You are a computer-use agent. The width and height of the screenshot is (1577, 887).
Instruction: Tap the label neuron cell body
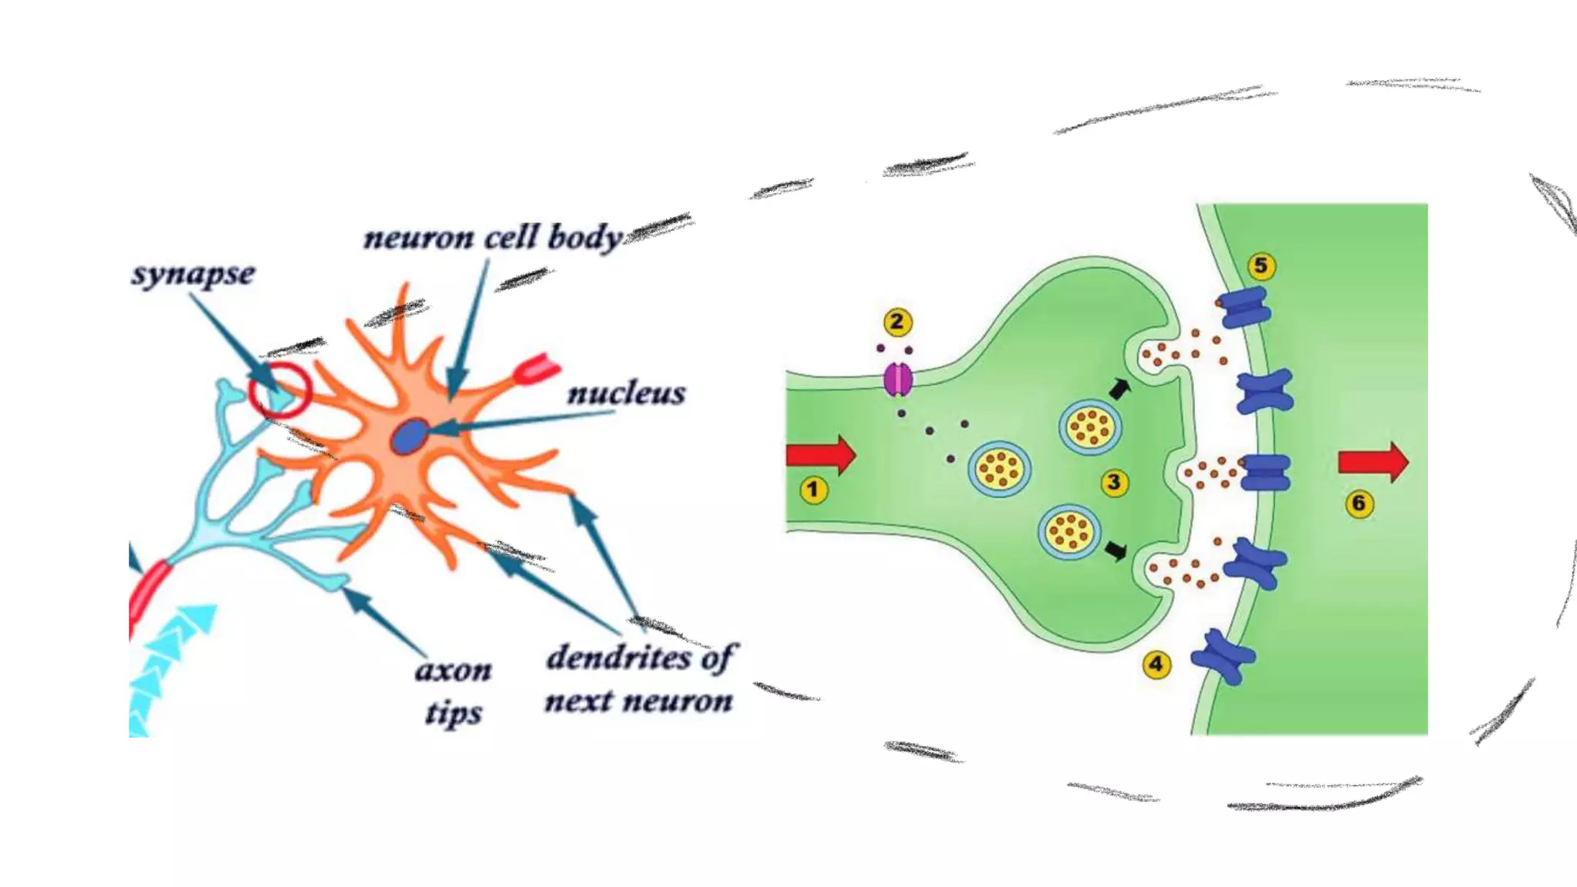coord(493,238)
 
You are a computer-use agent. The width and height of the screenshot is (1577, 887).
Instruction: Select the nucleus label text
coord(626,393)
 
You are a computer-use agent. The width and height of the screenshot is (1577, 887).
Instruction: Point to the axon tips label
coord(454,691)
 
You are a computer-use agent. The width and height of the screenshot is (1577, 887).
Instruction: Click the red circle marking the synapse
coord(280,391)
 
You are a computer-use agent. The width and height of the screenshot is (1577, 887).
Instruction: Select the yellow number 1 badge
coord(813,490)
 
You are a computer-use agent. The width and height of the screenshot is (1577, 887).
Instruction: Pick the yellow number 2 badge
coord(897,322)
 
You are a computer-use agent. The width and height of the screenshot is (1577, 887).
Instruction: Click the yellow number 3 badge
coord(1113,483)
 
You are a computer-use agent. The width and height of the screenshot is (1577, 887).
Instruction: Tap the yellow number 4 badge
coord(1156,664)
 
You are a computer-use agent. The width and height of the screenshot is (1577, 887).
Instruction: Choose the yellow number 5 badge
coord(1261,266)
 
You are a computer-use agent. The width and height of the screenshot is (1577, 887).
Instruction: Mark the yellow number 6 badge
coord(1359,504)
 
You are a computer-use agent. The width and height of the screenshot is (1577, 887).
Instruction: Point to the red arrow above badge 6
coord(1373,462)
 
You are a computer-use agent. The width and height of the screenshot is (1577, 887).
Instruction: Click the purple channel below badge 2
coord(898,380)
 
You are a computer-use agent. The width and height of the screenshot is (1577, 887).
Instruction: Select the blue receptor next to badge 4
coord(1222,657)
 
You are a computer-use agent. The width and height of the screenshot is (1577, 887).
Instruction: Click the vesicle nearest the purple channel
coord(999,468)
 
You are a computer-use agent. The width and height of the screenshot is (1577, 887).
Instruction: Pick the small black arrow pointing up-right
coord(1120,389)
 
